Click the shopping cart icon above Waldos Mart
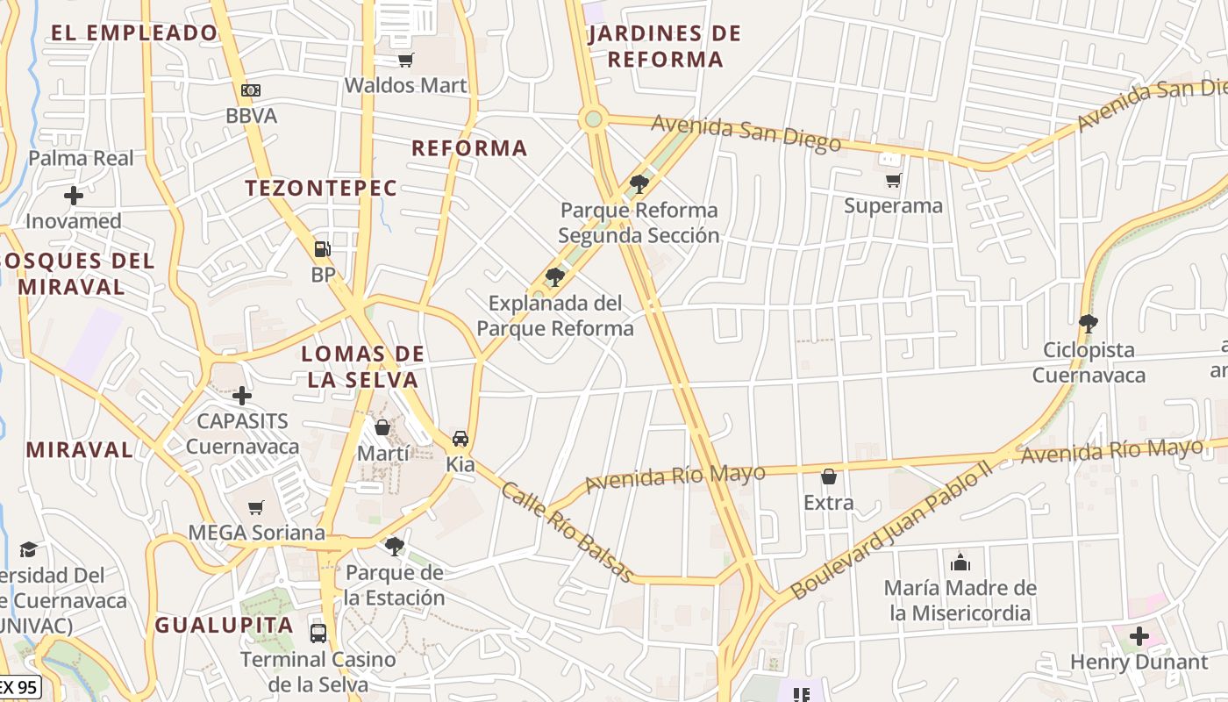(x=405, y=60)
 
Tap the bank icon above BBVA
(x=251, y=90)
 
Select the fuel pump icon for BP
(x=323, y=249)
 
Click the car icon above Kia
(x=460, y=439)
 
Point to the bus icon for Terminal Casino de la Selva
(x=318, y=633)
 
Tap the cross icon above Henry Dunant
(x=1139, y=636)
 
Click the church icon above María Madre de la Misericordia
(x=960, y=562)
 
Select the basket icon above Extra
(x=829, y=477)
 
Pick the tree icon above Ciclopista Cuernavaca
(x=1089, y=324)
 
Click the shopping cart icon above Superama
(x=893, y=180)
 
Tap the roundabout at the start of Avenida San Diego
(x=594, y=118)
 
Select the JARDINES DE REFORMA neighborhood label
(x=665, y=47)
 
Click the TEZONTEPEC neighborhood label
(x=321, y=188)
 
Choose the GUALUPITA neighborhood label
(x=224, y=626)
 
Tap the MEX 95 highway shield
(x=18, y=686)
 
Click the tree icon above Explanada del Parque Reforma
(x=554, y=277)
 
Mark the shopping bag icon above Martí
(x=382, y=427)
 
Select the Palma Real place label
(x=82, y=158)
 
